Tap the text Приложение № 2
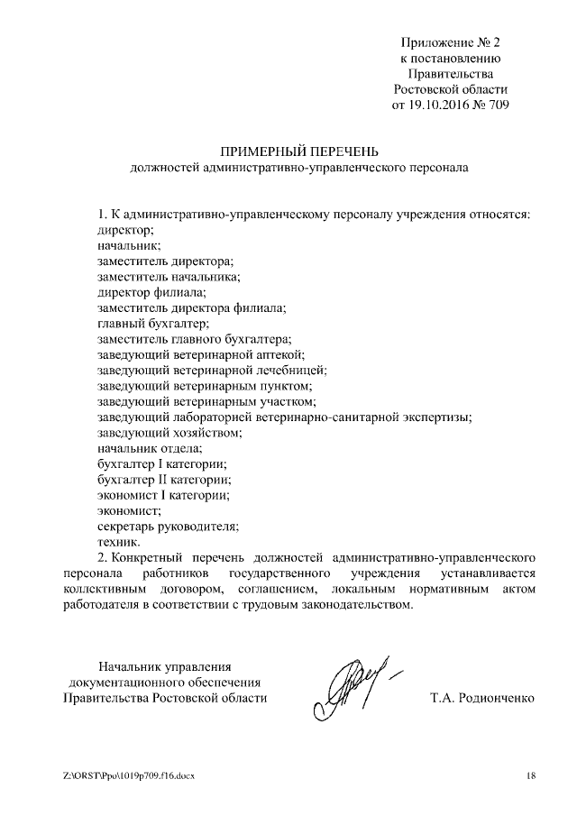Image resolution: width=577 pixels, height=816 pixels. [451, 41]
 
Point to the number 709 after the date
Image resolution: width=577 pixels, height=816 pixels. [499, 106]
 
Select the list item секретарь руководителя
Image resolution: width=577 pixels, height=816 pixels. [167, 526]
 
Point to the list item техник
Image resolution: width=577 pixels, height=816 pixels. [118, 542]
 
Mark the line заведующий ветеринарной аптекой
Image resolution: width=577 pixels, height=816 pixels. [200, 354]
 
